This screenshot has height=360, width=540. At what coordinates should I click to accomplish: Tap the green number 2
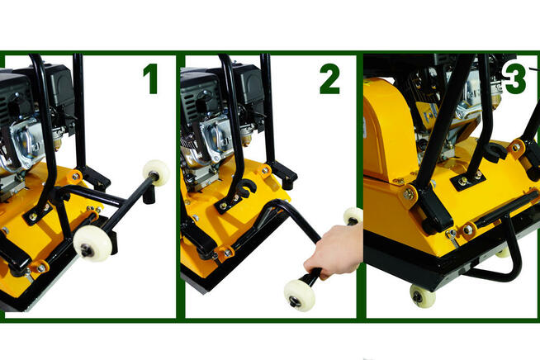(x=329, y=79)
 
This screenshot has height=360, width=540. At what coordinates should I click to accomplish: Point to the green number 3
(x=514, y=79)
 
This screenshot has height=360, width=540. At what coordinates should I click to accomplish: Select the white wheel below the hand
(x=299, y=296)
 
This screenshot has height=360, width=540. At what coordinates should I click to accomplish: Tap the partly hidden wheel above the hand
(x=353, y=216)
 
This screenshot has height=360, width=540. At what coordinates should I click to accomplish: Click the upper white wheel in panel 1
(x=156, y=173)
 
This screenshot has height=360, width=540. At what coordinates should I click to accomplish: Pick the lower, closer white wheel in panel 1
(x=92, y=243)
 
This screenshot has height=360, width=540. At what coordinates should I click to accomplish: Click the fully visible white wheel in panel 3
(x=423, y=296)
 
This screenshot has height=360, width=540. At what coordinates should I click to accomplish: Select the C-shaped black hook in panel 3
(x=495, y=152)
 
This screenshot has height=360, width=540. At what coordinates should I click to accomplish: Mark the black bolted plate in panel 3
(x=467, y=179)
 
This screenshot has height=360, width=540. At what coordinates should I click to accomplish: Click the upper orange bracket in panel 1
(x=75, y=177)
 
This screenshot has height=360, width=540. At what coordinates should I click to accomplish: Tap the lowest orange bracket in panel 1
(x=39, y=268)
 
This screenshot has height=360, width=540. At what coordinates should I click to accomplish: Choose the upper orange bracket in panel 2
(x=265, y=170)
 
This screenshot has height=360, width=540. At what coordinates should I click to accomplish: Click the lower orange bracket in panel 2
(x=225, y=253)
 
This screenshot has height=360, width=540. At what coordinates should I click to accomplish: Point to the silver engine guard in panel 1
(x=26, y=140)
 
